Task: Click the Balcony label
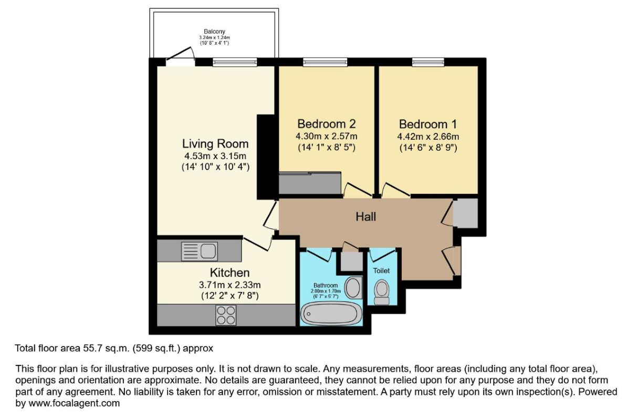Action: pyautogui.click(x=215, y=31)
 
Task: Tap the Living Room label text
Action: pyautogui.click(x=215, y=143)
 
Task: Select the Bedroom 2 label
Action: pyautogui.click(x=327, y=124)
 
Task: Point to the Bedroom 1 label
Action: pyautogui.click(x=428, y=124)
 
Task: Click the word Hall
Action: pyautogui.click(x=366, y=216)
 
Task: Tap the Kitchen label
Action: pyautogui.click(x=229, y=273)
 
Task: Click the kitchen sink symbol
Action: pyautogui.click(x=199, y=251)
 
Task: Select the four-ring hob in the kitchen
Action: pyautogui.click(x=226, y=315)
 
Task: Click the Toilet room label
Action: pyautogui.click(x=381, y=271)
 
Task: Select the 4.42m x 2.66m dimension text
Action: pyautogui.click(x=428, y=137)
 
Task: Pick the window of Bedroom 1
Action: pyautogui.click(x=428, y=62)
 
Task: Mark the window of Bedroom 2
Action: pyautogui.click(x=321, y=62)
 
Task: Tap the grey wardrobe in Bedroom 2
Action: pyautogui.click(x=310, y=183)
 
